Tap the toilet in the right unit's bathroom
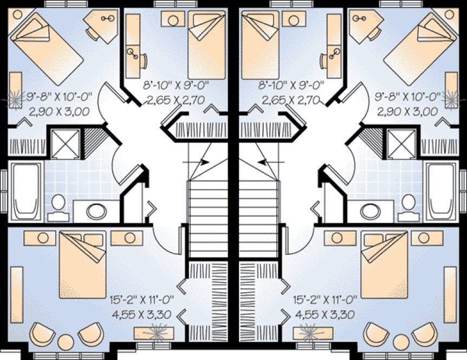(x=408, y=204)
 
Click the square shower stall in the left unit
(x=64, y=143)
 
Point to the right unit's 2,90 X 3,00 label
(x=407, y=112)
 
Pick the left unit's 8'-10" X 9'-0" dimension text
(x=176, y=85)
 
